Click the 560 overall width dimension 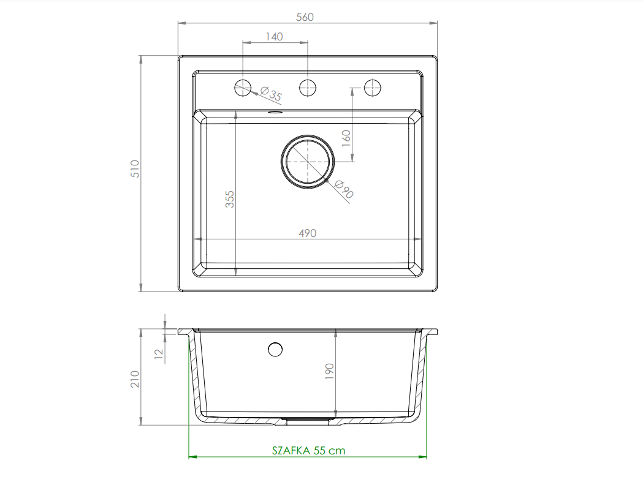click(305, 17)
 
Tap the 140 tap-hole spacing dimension click(275, 37)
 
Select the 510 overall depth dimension click(135, 169)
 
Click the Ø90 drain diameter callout click(344, 189)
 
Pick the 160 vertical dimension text click(346, 138)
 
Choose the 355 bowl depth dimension click(230, 199)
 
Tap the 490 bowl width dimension click(308, 233)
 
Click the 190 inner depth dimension click(329, 372)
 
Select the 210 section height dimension click(135, 379)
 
